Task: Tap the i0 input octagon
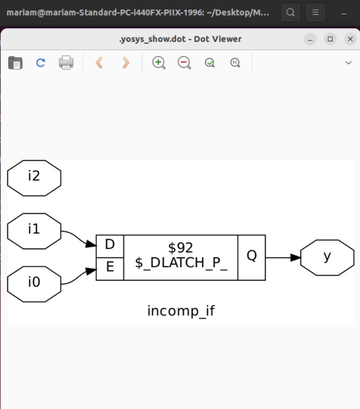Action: [34, 284]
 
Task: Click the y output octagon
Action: [327, 257]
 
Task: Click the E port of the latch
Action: [110, 268]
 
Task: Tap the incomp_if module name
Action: [181, 310]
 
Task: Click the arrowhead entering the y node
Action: [295, 257]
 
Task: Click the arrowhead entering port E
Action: [92, 271]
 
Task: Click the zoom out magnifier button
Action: [184, 62]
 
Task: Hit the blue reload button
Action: [40, 62]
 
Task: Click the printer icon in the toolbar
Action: [66, 62]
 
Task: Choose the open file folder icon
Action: [15, 62]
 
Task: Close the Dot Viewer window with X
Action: [350, 39]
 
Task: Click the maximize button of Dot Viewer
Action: [330, 39]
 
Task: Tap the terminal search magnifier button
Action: [290, 12]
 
